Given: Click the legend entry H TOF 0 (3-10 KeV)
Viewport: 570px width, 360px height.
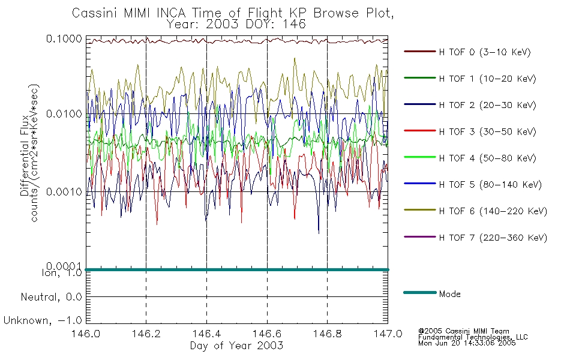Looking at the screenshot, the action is (485, 52).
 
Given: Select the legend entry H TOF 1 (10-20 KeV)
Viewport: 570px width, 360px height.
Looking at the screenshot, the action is (487, 79).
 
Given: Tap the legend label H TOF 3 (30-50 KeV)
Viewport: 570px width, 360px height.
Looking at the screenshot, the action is (487, 131).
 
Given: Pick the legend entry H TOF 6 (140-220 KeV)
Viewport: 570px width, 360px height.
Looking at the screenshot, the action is (493, 211).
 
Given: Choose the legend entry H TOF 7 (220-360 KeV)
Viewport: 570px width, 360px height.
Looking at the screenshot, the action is (493, 238).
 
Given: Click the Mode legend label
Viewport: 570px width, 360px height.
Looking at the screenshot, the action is (449, 294).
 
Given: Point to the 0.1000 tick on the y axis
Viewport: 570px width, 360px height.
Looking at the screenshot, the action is (64, 38).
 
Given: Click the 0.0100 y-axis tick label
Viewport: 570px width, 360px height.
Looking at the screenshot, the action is (64, 114).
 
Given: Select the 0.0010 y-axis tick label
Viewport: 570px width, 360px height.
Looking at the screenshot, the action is (64, 191).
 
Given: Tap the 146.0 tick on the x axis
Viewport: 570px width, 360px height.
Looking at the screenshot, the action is (86, 334).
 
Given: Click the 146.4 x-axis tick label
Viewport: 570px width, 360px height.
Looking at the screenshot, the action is (206, 334).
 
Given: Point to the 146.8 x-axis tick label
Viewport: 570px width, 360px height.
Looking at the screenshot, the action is (327, 334).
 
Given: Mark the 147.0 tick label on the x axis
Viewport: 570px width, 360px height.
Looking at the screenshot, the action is (388, 334).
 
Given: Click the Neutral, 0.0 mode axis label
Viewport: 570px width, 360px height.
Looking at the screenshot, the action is (51, 297).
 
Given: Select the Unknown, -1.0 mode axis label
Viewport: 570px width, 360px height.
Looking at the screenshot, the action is (43, 320).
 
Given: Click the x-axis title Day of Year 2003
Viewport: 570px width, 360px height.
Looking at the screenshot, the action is (236, 346).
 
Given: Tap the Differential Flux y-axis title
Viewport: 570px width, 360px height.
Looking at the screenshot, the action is (25, 155).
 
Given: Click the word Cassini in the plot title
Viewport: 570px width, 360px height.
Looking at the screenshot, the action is (95, 13).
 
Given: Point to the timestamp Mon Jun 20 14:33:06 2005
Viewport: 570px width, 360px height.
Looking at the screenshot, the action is (467, 343).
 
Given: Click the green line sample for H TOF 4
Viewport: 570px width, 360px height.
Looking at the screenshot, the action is (420, 157).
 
